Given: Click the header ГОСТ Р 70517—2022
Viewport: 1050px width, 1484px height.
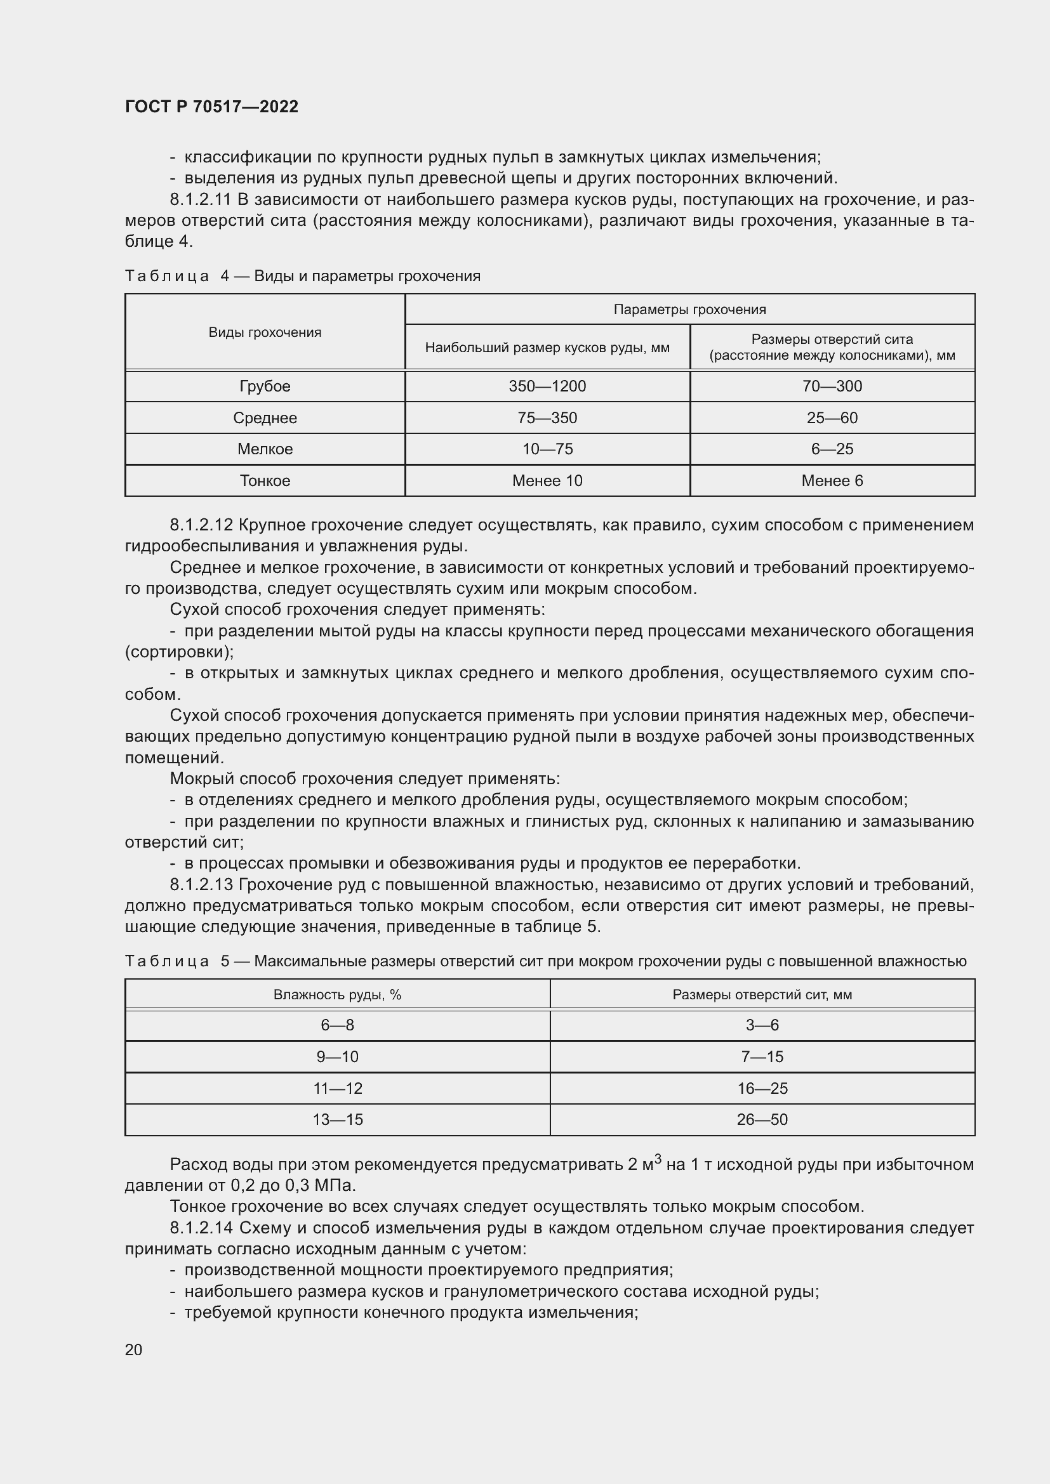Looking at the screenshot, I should tap(211, 107).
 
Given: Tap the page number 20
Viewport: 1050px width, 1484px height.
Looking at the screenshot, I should tap(134, 1349).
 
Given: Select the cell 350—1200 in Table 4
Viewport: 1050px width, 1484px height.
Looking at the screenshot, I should tap(547, 386).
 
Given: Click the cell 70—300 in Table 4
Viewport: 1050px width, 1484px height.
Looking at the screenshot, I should tap(832, 386).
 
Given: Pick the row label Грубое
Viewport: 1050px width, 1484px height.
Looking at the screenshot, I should tap(265, 386).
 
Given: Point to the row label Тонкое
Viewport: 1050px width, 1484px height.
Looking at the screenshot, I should tap(265, 481).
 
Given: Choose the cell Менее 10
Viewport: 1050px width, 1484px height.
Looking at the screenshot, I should tap(547, 481).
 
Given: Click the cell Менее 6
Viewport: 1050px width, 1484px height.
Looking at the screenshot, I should tap(832, 481).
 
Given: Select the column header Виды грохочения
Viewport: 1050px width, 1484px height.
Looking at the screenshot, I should tap(265, 332).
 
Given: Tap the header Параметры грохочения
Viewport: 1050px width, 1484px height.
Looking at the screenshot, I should tap(690, 310).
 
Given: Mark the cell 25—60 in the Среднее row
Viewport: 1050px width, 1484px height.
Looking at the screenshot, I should tap(832, 418).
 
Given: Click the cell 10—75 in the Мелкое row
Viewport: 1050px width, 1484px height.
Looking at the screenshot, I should tap(547, 449).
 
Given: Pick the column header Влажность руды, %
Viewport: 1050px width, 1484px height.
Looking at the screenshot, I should tap(338, 995).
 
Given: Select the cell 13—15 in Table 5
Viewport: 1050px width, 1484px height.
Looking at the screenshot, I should tap(338, 1120).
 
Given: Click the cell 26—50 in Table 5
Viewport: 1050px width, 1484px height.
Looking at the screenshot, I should tap(762, 1120).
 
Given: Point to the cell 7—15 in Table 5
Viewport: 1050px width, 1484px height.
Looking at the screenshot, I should tap(762, 1057).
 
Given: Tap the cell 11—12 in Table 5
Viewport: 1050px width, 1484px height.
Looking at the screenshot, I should tap(338, 1089).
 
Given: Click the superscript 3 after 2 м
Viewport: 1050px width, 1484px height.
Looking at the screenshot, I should tap(658, 1159).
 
